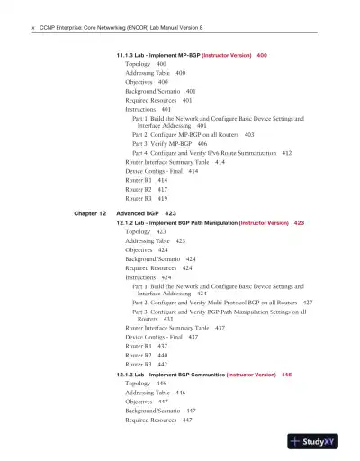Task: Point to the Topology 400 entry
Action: [x=146, y=65]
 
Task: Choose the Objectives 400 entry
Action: [x=148, y=82]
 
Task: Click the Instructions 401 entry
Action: [x=149, y=109]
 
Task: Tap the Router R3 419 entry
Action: [x=148, y=197]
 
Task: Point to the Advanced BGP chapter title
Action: [x=140, y=212]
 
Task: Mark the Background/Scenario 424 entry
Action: [x=161, y=258]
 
